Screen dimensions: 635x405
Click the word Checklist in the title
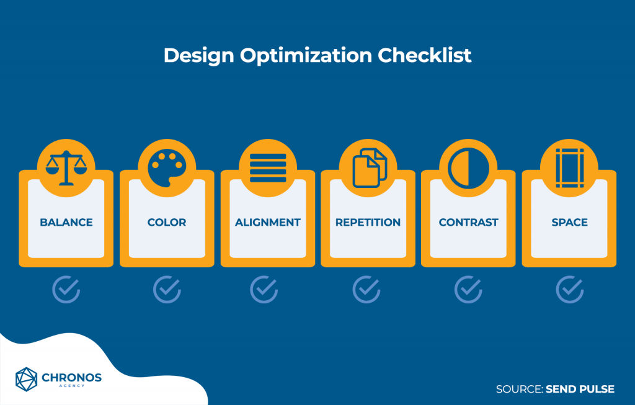424,55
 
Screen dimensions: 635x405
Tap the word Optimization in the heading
306,56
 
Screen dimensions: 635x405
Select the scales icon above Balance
66,168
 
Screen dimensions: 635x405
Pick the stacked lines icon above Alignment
268,168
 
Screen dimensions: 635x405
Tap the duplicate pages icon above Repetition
370,168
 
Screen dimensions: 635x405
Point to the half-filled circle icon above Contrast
468,168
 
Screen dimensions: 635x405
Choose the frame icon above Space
569,168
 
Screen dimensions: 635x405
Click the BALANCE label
66,222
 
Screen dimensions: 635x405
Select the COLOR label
167,222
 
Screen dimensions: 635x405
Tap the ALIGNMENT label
268,222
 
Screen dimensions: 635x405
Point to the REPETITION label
368,222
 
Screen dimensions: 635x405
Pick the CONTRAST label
469,222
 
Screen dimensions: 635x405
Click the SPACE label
569,222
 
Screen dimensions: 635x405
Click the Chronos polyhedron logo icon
26,380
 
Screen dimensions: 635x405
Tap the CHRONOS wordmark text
72,378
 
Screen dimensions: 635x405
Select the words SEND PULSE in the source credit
580,389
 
